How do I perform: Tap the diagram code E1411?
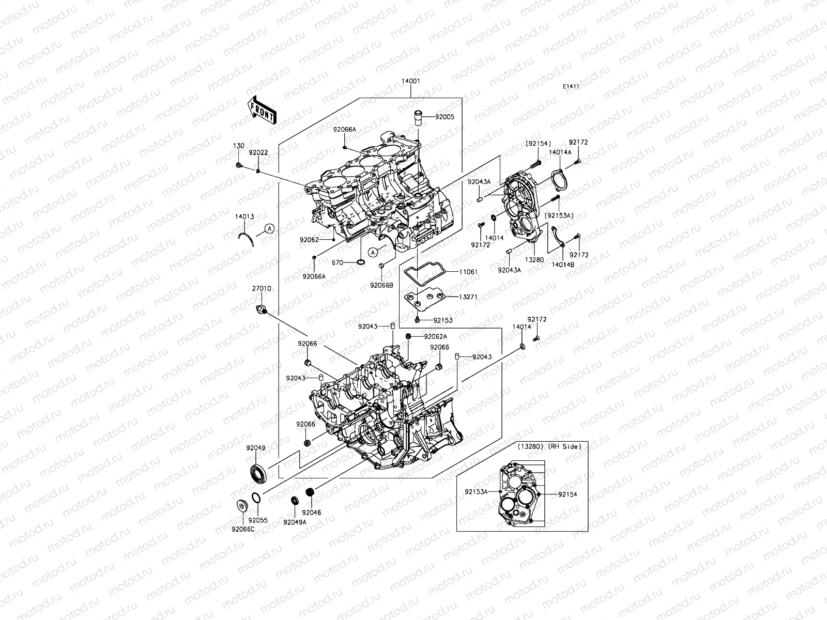click(571, 87)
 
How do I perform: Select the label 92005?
click(444, 117)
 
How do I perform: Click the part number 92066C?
click(243, 529)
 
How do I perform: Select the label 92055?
click(257, 520)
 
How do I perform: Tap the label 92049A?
click(295, 522)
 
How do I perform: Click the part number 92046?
click(312, 513)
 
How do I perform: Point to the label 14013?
click(244, 217)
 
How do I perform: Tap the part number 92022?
click(257, 153)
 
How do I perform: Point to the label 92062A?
click(435, 336)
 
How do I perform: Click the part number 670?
click(338, 262)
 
